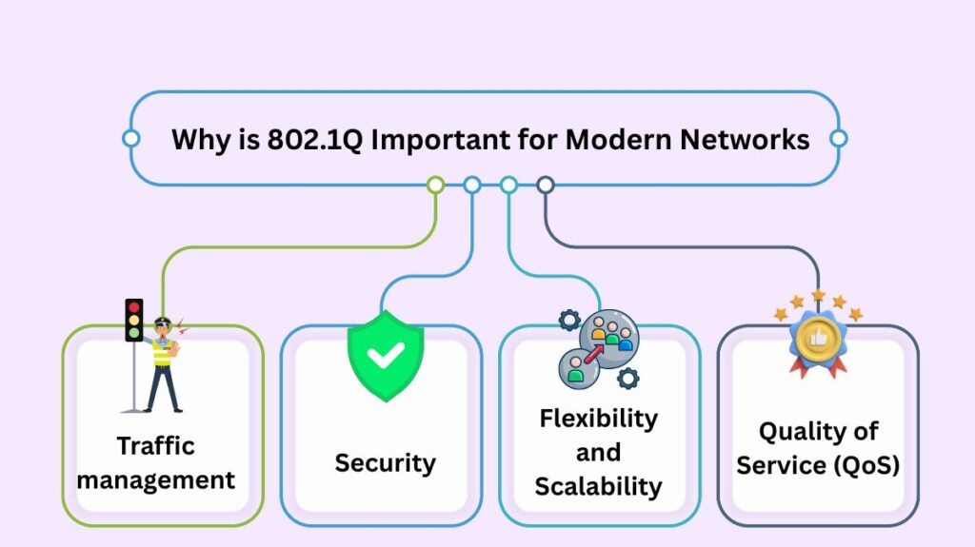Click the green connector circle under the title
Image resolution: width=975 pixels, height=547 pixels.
[435, 185]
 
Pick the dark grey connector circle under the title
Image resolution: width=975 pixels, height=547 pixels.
[545, 185]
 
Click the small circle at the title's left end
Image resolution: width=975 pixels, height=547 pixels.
[131, 139]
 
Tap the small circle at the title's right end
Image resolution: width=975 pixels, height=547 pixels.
[838, 139]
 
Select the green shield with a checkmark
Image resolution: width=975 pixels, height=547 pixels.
[385, 356]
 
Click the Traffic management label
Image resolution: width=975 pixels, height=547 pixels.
[156, 462]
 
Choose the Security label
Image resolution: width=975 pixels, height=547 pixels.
[385, 463]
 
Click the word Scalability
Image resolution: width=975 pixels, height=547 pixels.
[598, 486]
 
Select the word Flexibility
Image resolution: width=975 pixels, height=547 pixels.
[598, 418]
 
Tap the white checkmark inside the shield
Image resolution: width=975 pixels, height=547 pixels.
[385, 356]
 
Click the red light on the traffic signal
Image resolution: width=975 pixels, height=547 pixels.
[134, 307]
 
